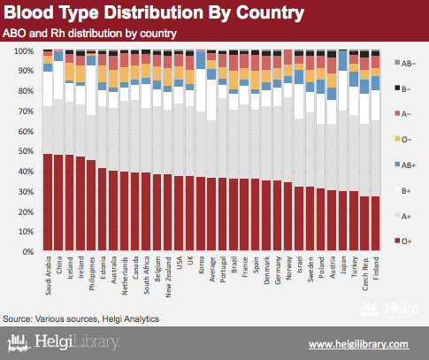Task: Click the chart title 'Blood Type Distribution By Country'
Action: coord(154,12)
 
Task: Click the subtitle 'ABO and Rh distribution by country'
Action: coord(89,34)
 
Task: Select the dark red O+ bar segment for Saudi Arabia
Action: coord(48,203)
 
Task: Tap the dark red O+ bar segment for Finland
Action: coord(375,224)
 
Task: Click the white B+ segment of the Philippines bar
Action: coord(91,90)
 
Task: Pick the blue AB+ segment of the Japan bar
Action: coord(342,61)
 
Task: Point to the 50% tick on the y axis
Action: coord(26,151)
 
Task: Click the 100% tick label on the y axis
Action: coord(24,51)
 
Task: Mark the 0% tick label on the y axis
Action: coord(27,251)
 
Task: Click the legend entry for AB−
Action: coord(405,63)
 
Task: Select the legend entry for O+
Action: coord(402,241)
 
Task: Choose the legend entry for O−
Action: coord(402,140)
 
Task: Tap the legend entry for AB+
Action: coord(405,165)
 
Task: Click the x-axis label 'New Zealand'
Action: coord(168,277)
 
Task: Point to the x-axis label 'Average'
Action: coord(212,269)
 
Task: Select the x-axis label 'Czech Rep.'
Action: coord(365,273)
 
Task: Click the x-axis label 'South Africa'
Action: coord(146,275)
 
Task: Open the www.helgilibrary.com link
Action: coord(359,344)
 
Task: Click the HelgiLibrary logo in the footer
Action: coord(63,342)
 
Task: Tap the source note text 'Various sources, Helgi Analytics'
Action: coord(97,319)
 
